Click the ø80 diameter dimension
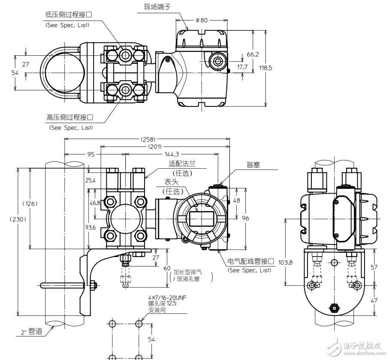point(202,20)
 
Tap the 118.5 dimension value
point(266,67)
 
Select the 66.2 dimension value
point(253,54)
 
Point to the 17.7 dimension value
point(242,67)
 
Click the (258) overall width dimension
point(148,139)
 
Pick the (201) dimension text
point(155,146)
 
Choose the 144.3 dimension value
point(172,154)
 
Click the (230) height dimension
point(18,219)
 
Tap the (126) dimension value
point(30,203)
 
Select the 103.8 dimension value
point(285,262)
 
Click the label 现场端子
point(157,7)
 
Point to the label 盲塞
point(253,165)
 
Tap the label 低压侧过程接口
point(69,15)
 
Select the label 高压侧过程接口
point(70,117)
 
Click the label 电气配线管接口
point(251,261)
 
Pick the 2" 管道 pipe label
point(32,332)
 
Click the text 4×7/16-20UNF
point(167,297)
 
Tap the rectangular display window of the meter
point(202,218)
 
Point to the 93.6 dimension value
point(90,227)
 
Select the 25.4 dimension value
point(90,180)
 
